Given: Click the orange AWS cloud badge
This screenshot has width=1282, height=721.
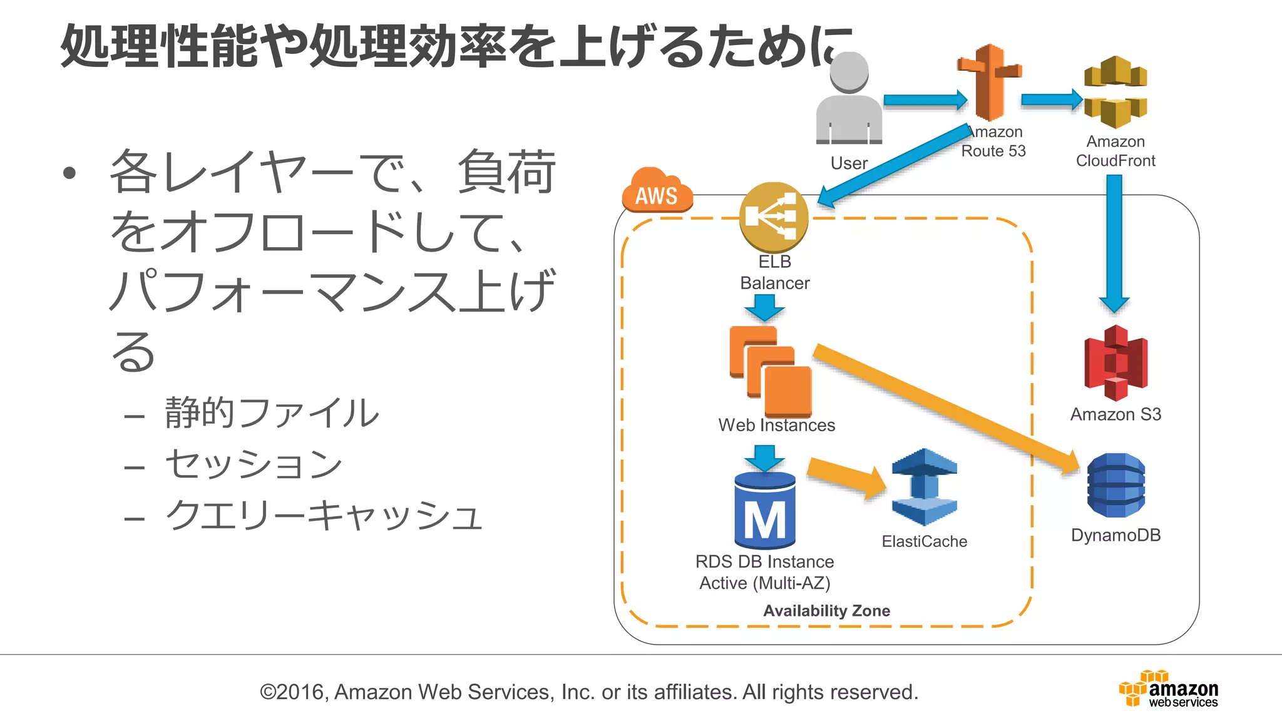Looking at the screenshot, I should pos(657,191).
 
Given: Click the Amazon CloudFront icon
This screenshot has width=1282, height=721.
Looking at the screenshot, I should pos(1115,92).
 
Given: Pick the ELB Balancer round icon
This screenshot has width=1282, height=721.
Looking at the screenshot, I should pos(774,217).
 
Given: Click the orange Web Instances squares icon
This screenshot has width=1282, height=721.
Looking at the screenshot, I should pos(771,371).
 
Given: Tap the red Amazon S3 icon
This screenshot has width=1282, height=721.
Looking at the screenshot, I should pos(1115,364).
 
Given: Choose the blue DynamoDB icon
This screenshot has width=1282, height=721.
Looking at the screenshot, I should pos(1115,485).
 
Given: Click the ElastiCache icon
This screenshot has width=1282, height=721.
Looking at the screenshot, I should pos(924,487).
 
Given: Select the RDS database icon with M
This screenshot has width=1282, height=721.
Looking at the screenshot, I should pos(765,511).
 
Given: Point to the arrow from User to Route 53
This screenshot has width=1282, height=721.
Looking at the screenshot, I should pos(925,100).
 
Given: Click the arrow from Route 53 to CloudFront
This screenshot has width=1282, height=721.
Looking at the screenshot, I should pos(1051,100).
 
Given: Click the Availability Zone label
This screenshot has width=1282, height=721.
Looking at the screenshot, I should pos(826,611).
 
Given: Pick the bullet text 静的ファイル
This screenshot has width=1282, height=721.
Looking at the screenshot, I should pos(272,413).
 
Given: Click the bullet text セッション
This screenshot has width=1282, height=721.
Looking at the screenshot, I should pos(254,464).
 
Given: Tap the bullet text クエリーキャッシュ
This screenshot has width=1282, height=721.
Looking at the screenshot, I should pos(323,516).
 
